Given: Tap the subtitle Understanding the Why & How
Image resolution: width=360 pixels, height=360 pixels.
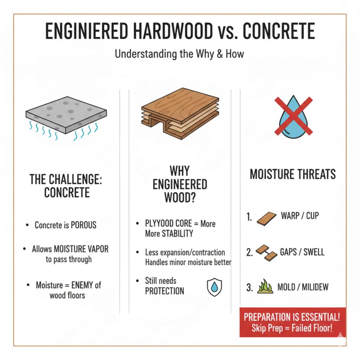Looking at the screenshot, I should click(180, 54).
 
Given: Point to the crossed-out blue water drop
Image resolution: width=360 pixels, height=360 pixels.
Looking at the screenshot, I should click(293, 116).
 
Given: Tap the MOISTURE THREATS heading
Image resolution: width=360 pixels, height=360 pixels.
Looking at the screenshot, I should click(292, 174).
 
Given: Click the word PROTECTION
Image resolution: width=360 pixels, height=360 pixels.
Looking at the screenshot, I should click(165, 291).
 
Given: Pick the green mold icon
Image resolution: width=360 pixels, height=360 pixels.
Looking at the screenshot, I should click(265, 287).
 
